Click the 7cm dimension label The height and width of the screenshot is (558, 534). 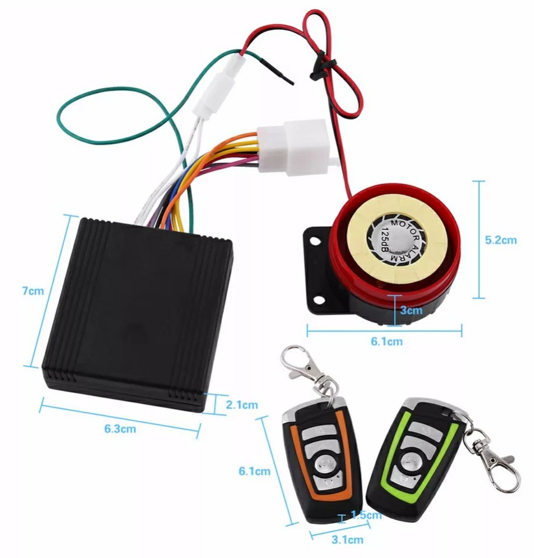33,291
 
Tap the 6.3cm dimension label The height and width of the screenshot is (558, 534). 120,429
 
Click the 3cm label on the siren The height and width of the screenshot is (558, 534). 411,310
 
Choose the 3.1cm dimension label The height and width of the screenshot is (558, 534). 347,539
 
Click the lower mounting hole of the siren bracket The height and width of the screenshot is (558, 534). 319,300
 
